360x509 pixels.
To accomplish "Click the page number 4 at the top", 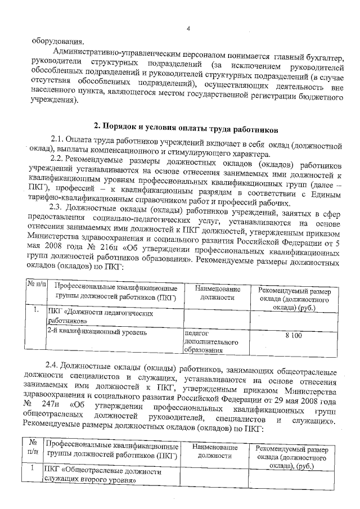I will tap(189, 29).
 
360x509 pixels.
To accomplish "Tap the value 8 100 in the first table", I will tap(293, 335).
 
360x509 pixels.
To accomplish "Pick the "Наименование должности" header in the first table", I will tap(217, 293).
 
